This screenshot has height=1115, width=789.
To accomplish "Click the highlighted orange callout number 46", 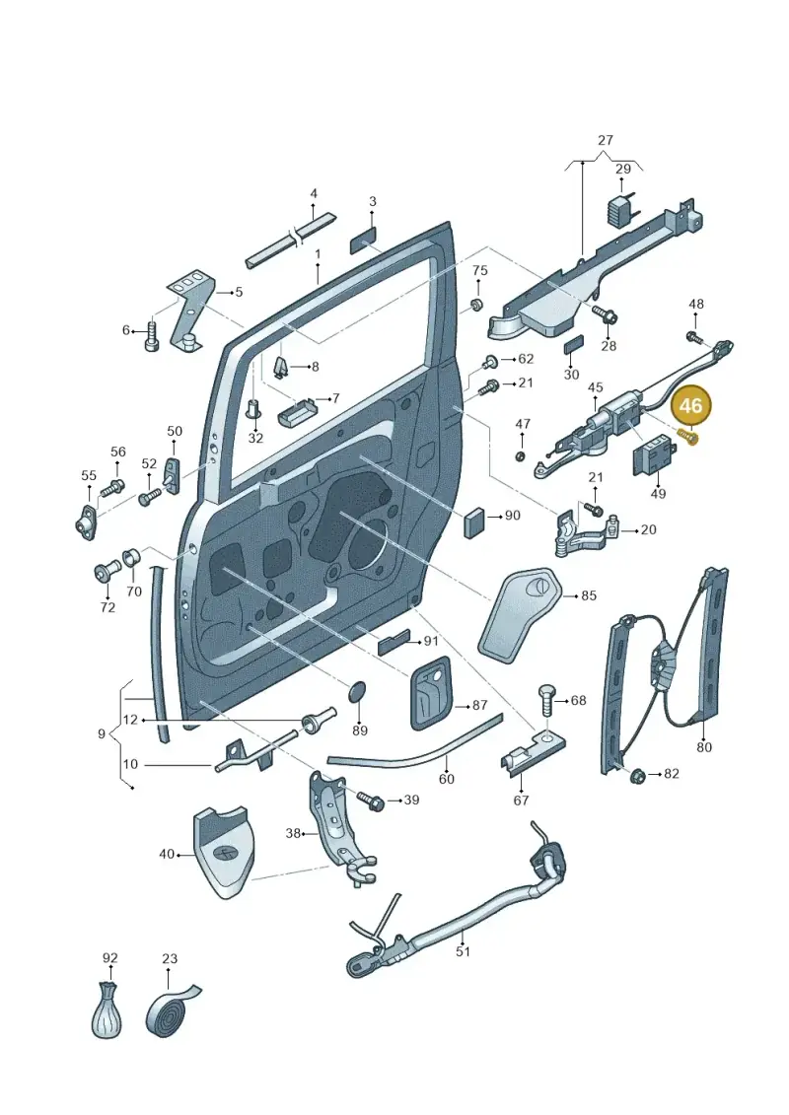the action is [690, 405].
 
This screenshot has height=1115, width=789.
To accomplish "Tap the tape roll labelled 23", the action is [173, 1009].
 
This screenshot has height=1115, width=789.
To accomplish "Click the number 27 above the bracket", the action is [606, 140].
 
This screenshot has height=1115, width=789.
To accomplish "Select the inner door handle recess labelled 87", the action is [431, 693].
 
